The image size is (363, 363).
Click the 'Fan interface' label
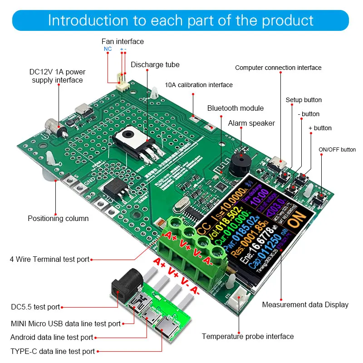coord(123,41)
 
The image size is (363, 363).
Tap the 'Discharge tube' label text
coord(155,64)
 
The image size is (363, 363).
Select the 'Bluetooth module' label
coord(235,108)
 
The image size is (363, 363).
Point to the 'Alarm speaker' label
coord(251,123)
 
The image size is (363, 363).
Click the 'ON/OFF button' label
coord(337,149)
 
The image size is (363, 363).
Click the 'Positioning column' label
coord(58,218)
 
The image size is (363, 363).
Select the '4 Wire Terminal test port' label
coord(49,260)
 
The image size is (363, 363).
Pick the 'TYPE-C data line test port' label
coord(53,351)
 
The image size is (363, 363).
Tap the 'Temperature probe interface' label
coord(248,336)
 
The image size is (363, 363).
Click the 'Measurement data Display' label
coord(305,304)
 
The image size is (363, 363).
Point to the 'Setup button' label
coord(304,100)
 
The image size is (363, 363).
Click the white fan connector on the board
coord(121,83)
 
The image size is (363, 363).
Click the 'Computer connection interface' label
coord(278,68)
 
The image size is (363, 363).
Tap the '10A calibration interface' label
coord(199,85)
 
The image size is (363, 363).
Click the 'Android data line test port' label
coord(52,337)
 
